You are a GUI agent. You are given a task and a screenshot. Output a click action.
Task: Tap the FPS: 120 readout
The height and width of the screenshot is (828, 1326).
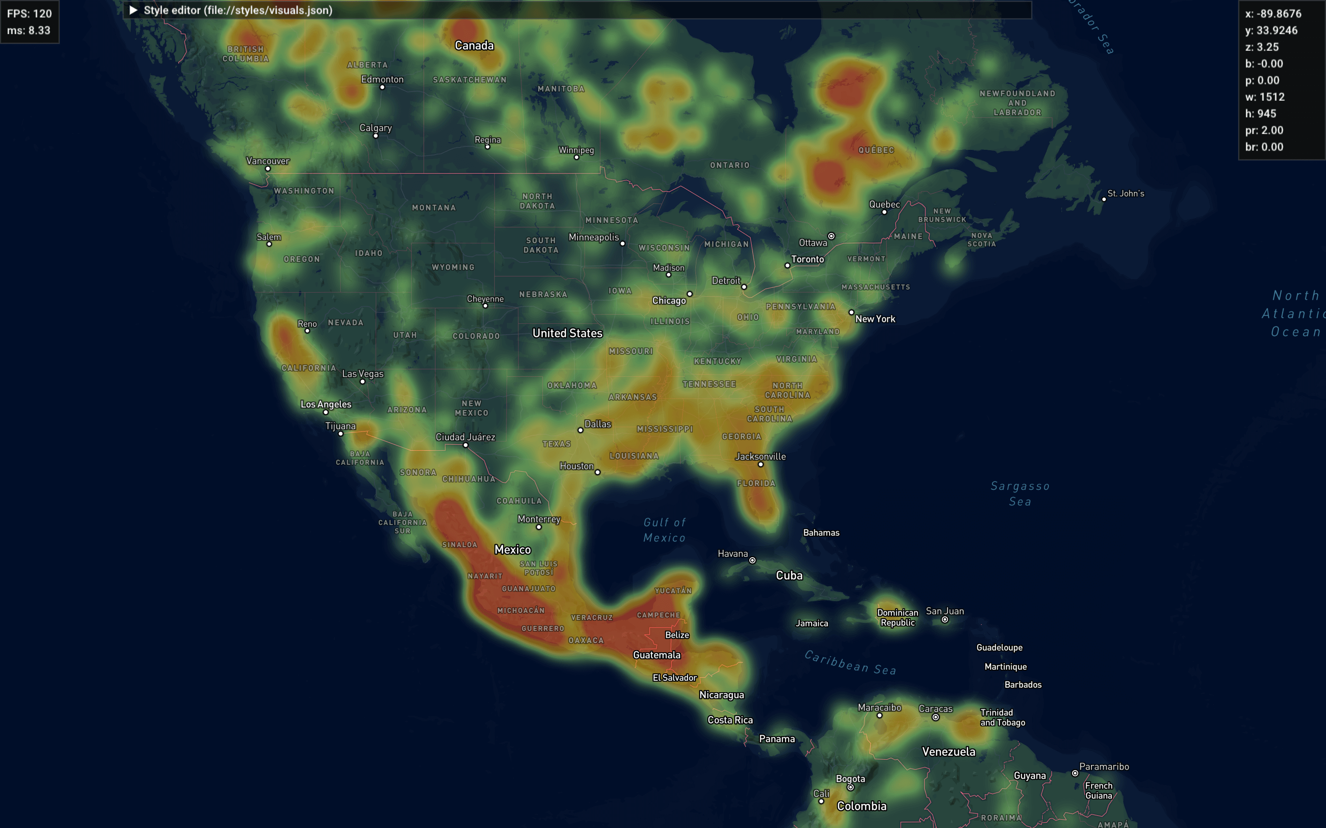click(x=29, y=14)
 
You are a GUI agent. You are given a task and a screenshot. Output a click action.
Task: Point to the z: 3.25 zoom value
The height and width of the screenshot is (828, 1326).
click(x=1262, y=47)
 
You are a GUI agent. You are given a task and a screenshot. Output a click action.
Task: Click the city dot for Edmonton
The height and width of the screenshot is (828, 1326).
click(x=382, y=88)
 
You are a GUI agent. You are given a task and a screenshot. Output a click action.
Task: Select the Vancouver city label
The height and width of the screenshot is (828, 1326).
click(x=267, y=160)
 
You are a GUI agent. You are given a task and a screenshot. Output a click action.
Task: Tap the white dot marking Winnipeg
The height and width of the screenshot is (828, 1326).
click(x=577, y=158)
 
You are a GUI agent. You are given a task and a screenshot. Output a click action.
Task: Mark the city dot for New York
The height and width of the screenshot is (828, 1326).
click(x=851, y=312)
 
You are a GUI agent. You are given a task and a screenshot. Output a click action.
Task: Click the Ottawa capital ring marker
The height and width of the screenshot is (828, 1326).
click(x=831, y=236)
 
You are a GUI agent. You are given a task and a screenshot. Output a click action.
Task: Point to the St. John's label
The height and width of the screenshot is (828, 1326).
click(x=1126, y=193)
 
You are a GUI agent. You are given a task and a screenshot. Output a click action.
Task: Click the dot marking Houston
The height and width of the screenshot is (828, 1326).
click(x=597, y=472)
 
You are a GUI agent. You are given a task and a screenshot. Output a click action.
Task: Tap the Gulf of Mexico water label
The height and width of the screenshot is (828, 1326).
click(x=664, y=530)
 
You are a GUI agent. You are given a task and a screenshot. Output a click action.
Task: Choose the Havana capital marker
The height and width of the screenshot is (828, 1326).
click(x=752, y=560)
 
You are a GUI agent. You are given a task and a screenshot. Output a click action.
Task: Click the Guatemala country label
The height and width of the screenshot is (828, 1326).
click(x=656, y=655)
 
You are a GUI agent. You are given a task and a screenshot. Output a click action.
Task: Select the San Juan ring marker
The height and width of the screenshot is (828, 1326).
click(x=945, y=620)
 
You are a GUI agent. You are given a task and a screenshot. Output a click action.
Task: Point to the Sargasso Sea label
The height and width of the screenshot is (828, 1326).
click(x=1019, y=493)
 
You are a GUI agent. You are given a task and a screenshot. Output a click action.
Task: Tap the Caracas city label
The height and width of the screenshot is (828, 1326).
click(x=935, y=709)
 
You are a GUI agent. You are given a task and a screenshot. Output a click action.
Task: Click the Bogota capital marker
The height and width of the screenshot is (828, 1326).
click(x=850, y=788)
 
